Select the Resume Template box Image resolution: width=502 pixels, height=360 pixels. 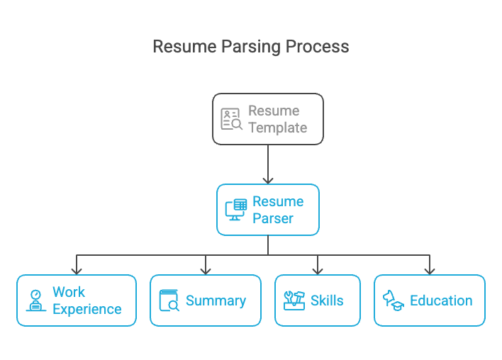point(268,119)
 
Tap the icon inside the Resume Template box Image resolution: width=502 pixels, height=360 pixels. point(231,119)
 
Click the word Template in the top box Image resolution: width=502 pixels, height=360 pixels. point(277,128)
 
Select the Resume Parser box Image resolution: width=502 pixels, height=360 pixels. point(268,210)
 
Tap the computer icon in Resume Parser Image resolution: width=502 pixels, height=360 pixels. point(235,210)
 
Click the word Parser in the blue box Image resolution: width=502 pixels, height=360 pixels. point(273,219)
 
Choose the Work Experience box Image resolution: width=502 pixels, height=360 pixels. point(77,300)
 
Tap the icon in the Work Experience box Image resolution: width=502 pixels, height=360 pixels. point(35,300)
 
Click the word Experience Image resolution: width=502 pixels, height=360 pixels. point(87,310)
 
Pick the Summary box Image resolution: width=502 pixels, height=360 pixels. point(206,300)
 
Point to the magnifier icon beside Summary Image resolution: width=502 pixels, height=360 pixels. point(169,301)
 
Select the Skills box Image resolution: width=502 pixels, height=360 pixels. point(318,300)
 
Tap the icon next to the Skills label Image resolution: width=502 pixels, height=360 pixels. point(294,300)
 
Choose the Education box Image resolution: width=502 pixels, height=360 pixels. point(430,300)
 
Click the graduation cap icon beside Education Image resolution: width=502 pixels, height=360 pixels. point(394,300)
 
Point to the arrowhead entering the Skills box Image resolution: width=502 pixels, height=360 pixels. point(318,270)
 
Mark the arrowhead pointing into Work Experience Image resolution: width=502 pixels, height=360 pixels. point(77,270)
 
